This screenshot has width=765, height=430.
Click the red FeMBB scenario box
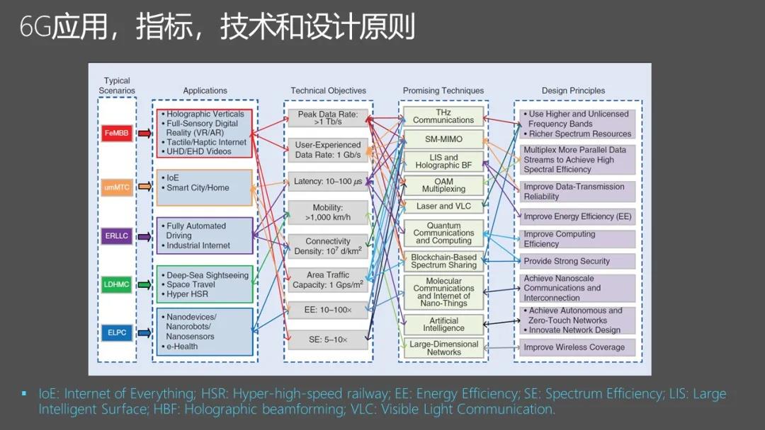tap(117, 133)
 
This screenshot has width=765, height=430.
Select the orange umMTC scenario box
tap(117, 187)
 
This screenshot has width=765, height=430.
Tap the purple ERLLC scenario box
tap(117, 236)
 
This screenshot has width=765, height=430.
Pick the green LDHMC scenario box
tap(117, 284)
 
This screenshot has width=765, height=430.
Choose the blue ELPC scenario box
tap(117, 332)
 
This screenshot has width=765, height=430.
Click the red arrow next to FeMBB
tap(144, 134)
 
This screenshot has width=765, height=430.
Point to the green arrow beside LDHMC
tap(144, 284)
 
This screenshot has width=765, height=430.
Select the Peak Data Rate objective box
tap(328, 118)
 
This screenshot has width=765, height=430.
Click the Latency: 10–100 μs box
tap(328, 182)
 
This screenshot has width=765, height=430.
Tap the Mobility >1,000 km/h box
tap(328, 212)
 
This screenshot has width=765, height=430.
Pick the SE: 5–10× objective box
tap(328, 339)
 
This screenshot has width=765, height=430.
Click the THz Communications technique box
tap(443, 117)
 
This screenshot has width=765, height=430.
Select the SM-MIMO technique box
tap(443, 139)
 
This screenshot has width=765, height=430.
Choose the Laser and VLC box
tap(443, 207)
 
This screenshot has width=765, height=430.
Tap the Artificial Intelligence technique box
tap(443, 325)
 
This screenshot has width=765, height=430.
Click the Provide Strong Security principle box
tap(577, 262)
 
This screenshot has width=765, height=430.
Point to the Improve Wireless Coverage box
tap(577, 348)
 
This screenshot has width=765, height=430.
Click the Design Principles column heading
tap(573, 91)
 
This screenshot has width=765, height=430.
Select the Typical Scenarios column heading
tap(117, 86)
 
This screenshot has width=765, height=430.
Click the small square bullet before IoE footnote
tap(24, 393)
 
